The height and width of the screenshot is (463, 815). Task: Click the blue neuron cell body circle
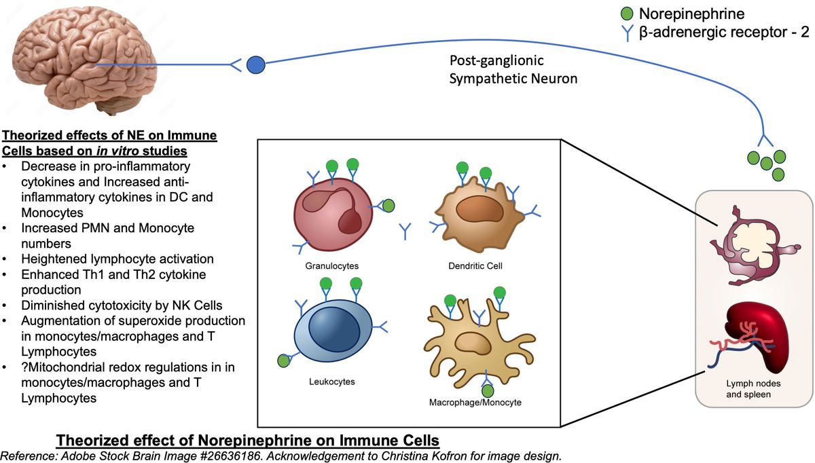255,66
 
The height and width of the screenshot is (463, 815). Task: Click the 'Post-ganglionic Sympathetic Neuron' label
513,69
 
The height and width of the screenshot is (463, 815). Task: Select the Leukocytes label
327,382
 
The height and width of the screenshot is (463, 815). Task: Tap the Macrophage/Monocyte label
475,402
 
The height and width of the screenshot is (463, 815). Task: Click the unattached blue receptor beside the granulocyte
406,231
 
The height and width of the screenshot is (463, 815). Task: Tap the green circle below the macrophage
487,390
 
